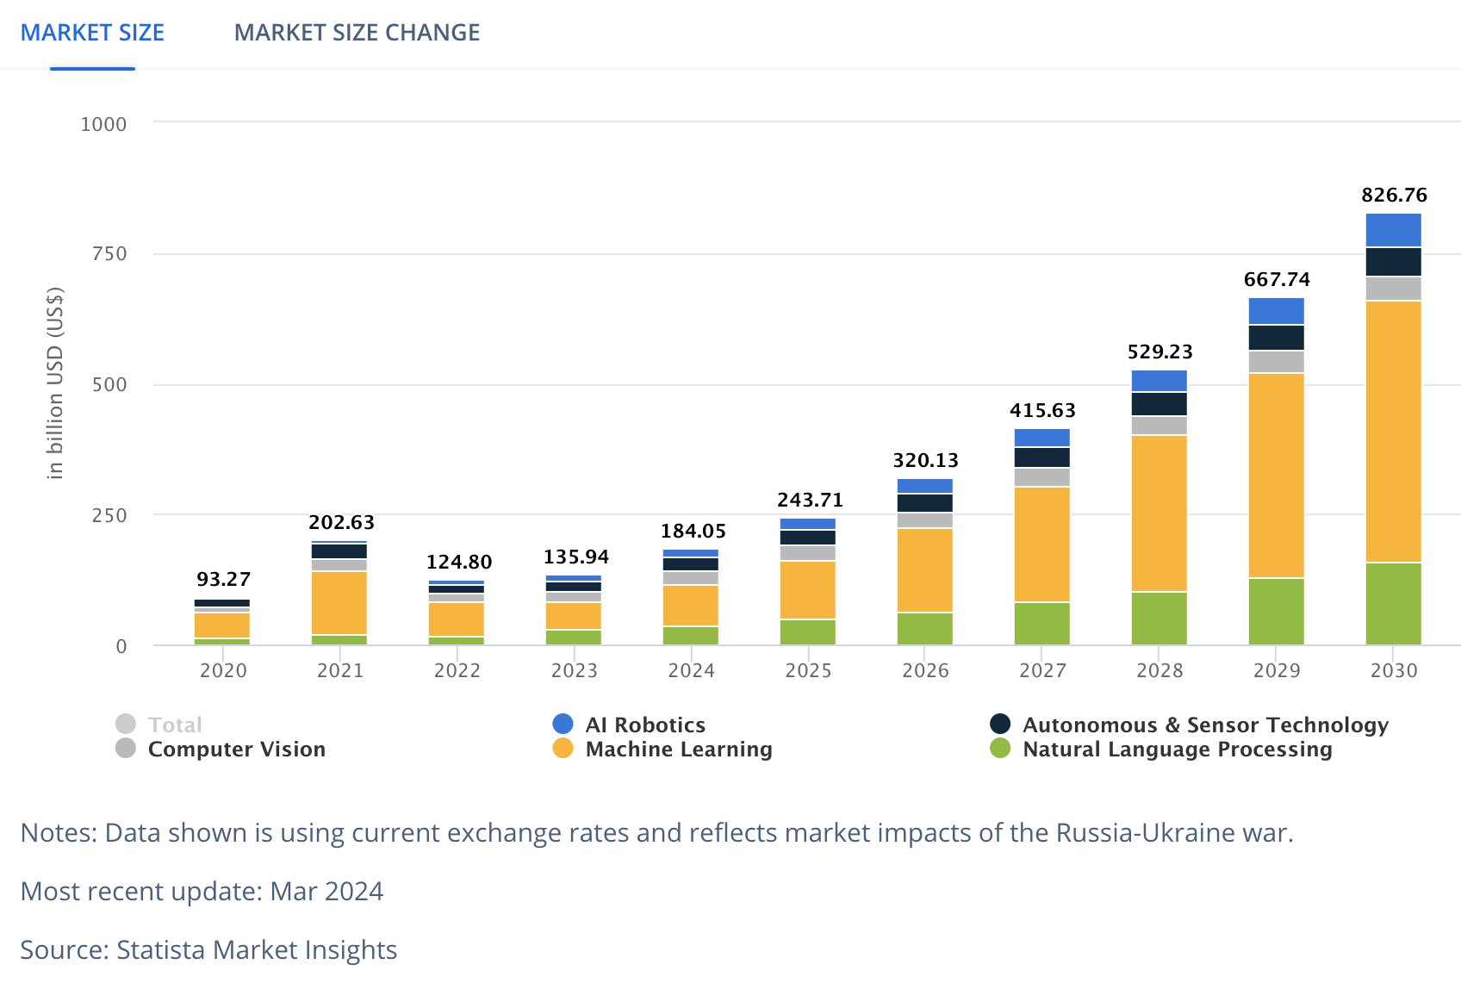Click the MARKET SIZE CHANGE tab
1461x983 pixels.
click(x=357, y=33)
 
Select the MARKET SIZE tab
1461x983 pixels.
click(x=92, y=33)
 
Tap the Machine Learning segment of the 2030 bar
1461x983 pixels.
click(x=1393, y=431)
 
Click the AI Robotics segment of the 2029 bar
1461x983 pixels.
click(x=1276, y=310)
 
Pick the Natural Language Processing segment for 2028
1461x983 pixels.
click(x=1159, y=618)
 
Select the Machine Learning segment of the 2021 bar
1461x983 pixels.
click(x=339, y=602)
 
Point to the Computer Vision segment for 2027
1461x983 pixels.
click(x=1041, y=477)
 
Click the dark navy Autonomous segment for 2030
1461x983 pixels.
click(x=1393, y=262)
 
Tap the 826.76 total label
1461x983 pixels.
click(x=1394, y=196)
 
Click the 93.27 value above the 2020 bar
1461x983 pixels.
click(x=223, y=579)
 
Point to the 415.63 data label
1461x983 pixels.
click(x=1042, y=410)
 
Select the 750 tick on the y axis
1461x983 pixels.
click(x=109, y=254)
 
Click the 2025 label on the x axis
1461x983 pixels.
click(x=808, y=670)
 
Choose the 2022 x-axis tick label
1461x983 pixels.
click(x=457, y=670)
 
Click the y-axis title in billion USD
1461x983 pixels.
click(x=55, y=383)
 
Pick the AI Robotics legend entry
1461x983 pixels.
click(x=644, y=725)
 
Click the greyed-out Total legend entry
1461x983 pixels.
click(x=175, y=725)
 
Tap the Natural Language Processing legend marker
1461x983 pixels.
click(x=1000, y=749)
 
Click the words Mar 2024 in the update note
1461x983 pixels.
click(x=326, y=891)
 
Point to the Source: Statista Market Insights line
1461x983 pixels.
click(x=208, y=949)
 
